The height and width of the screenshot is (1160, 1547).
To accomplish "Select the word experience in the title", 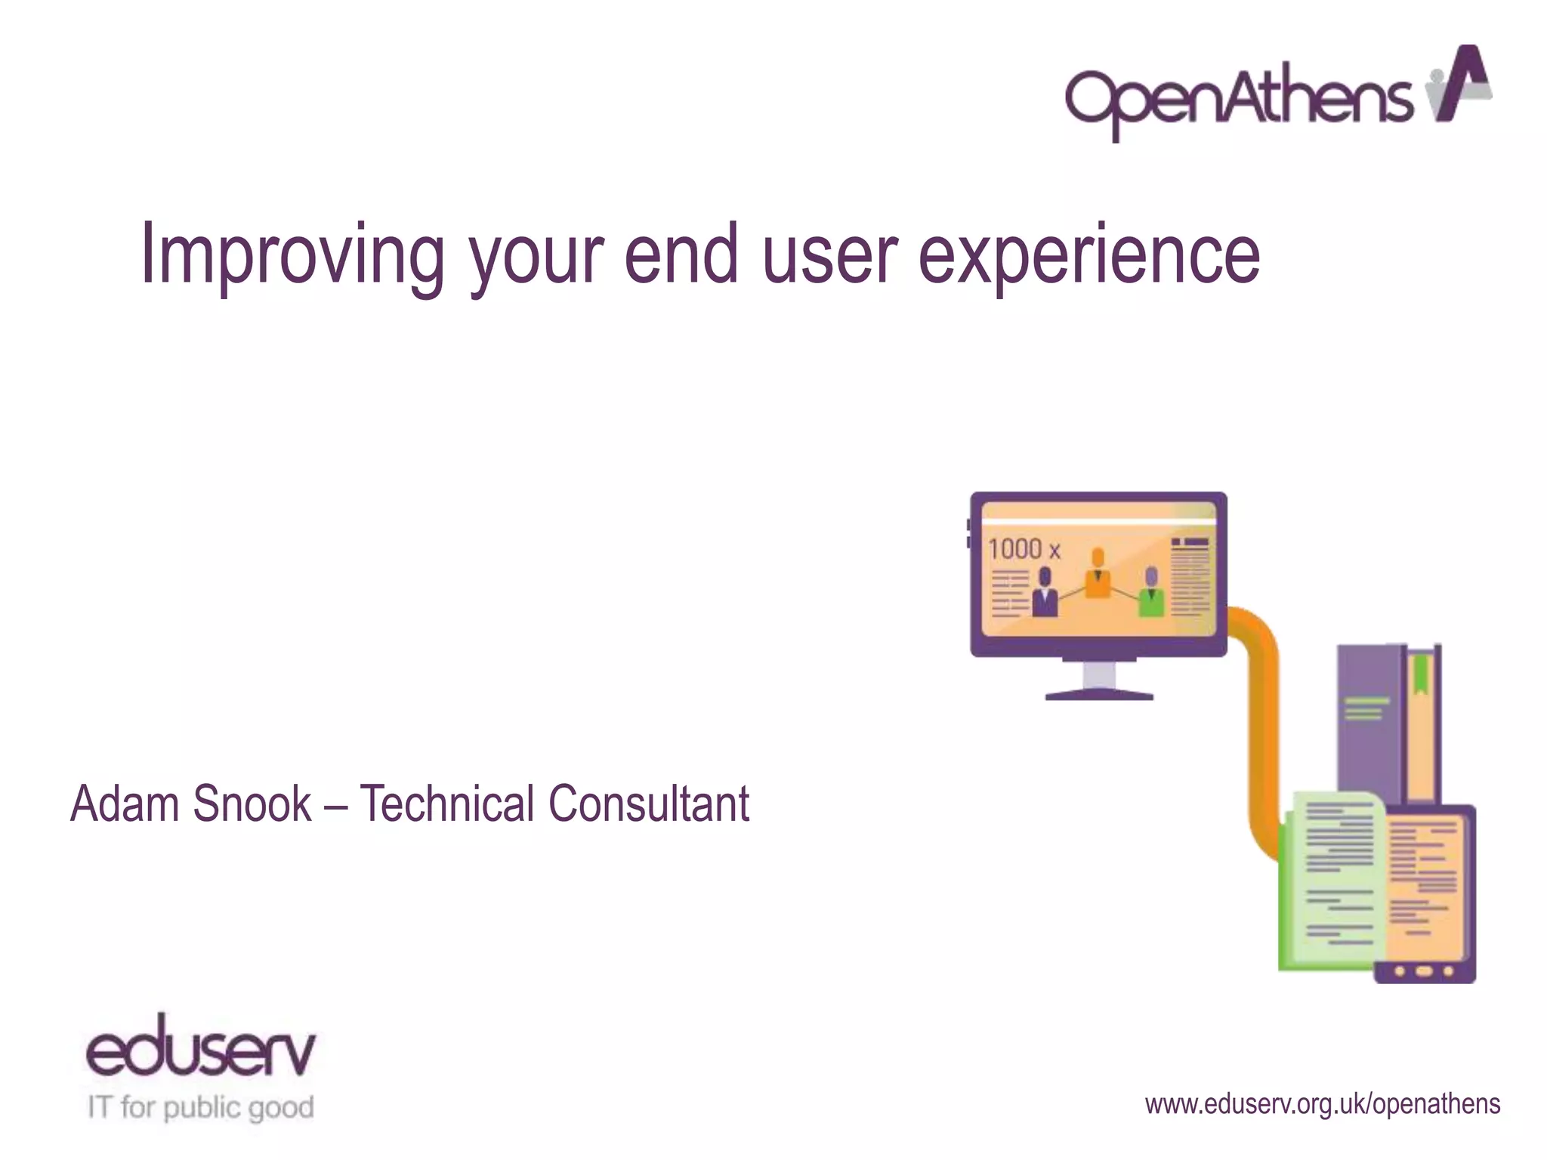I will pyautogui.click(x=1088, y=255).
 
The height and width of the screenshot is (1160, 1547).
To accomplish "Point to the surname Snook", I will pyautogui.click(x=252, y=804).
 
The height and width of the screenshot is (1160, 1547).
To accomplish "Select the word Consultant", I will pyautogui.click(x=649, y=804).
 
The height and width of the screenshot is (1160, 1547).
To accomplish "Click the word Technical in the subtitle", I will pyautogui.click(x=446, y=804).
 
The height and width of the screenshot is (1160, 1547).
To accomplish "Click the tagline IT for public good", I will pyautogui.click(x=200, y=1108).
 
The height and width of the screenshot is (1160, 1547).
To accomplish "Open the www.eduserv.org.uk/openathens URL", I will pyautogui.click(x=1322, y=1104).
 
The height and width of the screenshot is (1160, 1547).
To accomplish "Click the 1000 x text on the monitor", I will pyautogui.click(x=1024, y=549).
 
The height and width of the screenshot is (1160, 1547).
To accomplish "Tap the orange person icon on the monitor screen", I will pyautogui.click(x=1098, y=574).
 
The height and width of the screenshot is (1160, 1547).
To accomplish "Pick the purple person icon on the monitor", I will pyautogui.click(x=1045, y=594).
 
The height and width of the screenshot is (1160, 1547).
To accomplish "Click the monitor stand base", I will pyautogui.click(x=1099, y=694).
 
